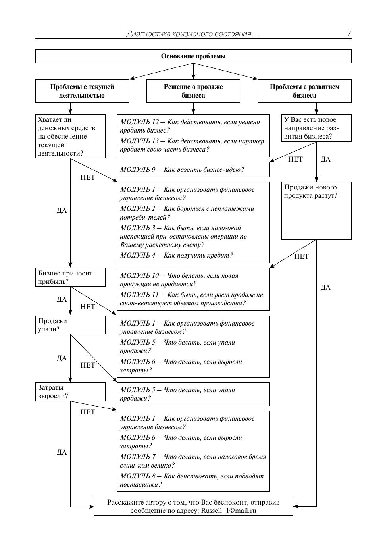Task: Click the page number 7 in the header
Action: coord(349,34)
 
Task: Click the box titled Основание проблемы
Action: coord(193,56)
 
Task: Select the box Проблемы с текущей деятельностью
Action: coord(82,91)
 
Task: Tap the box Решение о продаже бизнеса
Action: coord(193,91)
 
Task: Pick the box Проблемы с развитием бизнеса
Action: coord(304,91)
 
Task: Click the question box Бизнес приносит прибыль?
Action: coord(70,277)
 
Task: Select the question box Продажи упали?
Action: coord(70,325)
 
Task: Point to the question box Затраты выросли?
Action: coord(70,392)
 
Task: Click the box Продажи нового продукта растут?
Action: coord(316,210)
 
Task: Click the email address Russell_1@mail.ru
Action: coord(229,511)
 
